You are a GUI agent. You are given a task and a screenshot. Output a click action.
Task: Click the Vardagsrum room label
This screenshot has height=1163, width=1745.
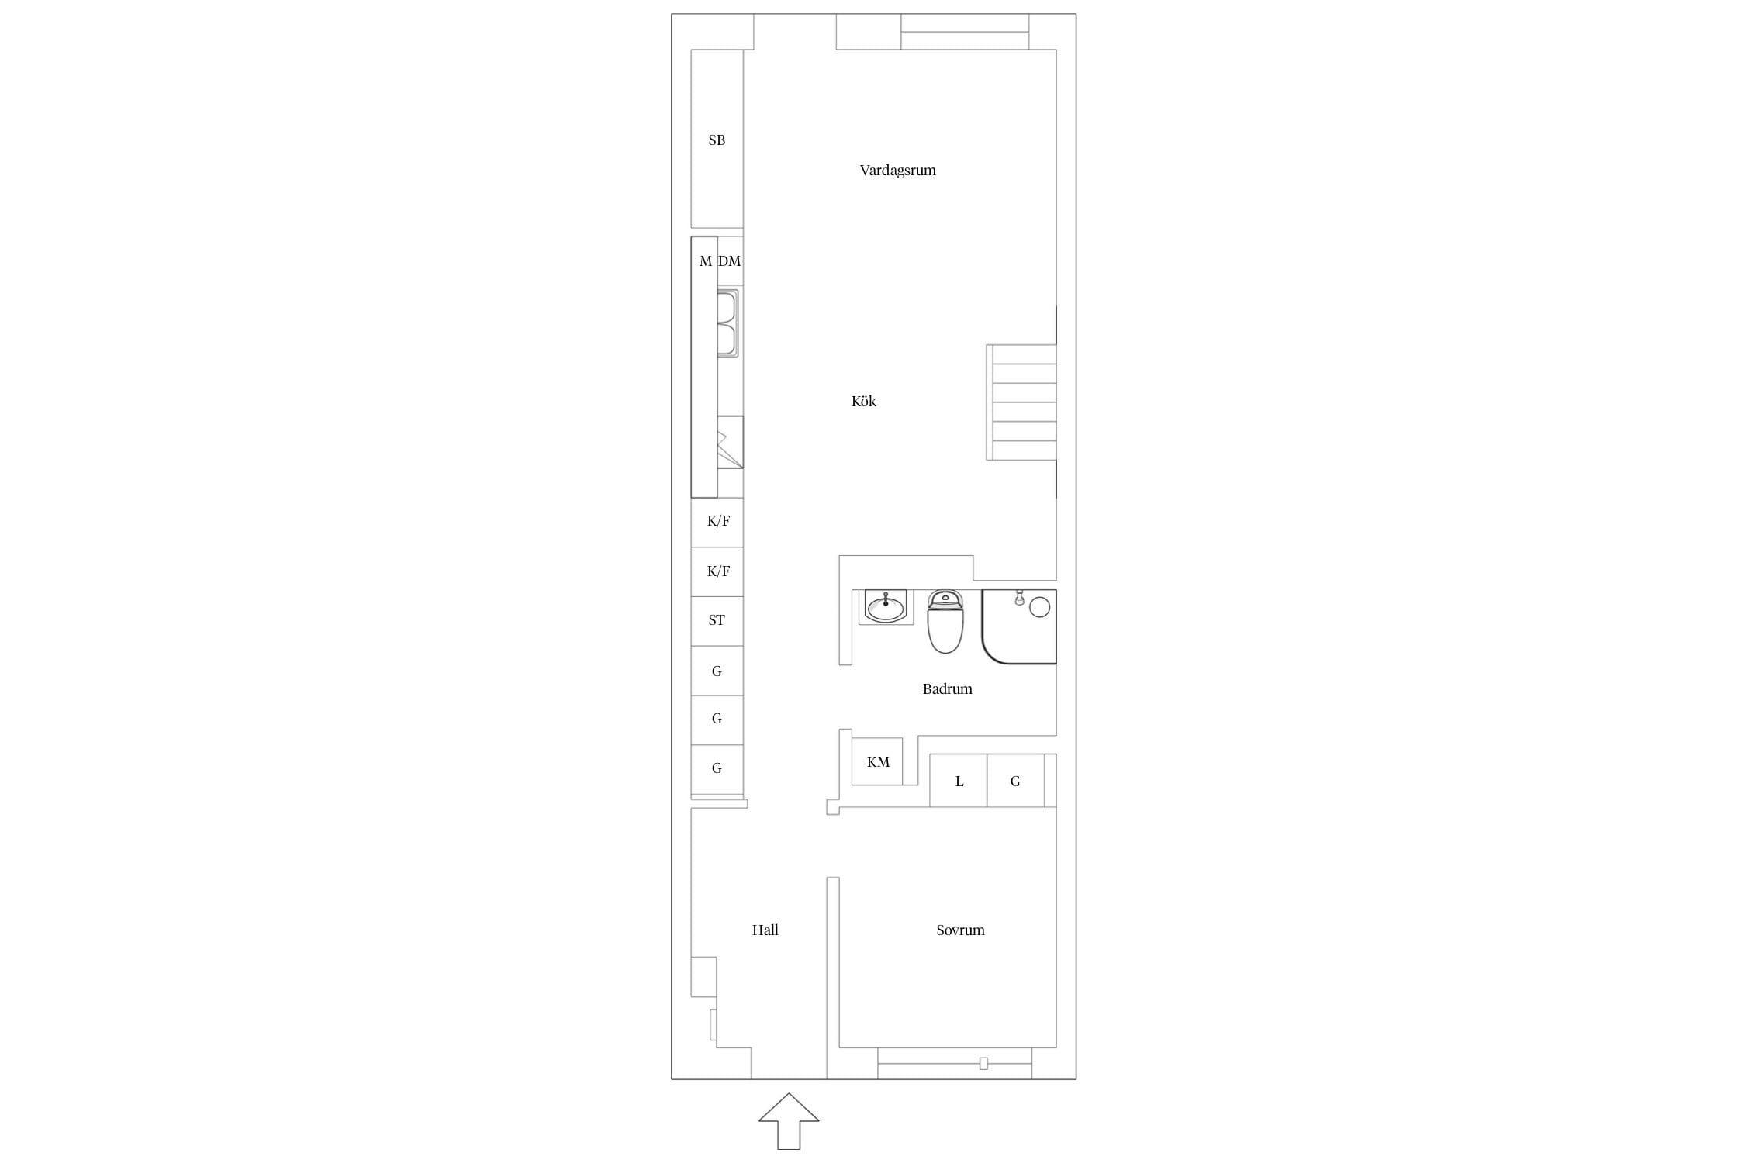coord(897,171)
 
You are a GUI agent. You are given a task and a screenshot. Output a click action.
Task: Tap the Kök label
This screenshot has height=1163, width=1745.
coord(863,401)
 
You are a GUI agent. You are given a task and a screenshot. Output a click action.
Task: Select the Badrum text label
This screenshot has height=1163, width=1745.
coord(947,688)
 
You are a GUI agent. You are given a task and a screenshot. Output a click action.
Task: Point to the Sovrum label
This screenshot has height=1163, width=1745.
coord(960,930)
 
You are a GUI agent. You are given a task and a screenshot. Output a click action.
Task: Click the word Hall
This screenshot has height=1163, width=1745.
coord(765,930)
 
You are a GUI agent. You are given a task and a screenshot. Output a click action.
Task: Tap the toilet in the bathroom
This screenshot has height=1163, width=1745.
coord(945,621)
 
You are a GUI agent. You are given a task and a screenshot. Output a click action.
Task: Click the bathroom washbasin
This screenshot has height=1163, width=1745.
coord(886,606)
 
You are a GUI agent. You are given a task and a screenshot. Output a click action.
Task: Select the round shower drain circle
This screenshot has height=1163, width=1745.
coord(1039,607)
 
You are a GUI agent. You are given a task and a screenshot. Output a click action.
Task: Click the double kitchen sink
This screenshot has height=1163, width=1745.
coord(727,323)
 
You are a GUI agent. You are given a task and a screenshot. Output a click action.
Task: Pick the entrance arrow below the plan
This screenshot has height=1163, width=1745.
coord(789,1121)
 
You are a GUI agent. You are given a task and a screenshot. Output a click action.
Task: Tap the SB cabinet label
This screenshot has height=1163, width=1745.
coord(717,140)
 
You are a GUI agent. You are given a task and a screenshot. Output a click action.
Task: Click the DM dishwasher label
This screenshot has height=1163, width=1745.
coord(729,261)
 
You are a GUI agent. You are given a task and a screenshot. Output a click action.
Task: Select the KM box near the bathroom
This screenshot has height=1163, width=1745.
coord(877,761)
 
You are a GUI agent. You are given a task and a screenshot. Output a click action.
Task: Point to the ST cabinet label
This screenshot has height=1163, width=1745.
coord(717,620)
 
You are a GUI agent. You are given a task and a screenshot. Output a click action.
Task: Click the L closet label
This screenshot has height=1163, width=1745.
coord(959,782)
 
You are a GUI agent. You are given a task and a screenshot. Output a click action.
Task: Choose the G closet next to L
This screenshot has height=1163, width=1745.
coord(1015,781)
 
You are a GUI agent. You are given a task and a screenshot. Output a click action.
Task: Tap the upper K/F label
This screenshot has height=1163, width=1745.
coord(718,521)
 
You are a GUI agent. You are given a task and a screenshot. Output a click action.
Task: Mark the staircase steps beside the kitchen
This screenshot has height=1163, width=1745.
coord(1021,402)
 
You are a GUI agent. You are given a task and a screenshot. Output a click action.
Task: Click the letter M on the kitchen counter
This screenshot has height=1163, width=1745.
coord(705,261)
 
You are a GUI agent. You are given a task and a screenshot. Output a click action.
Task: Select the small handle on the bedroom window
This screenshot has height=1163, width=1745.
coord(983,1064)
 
